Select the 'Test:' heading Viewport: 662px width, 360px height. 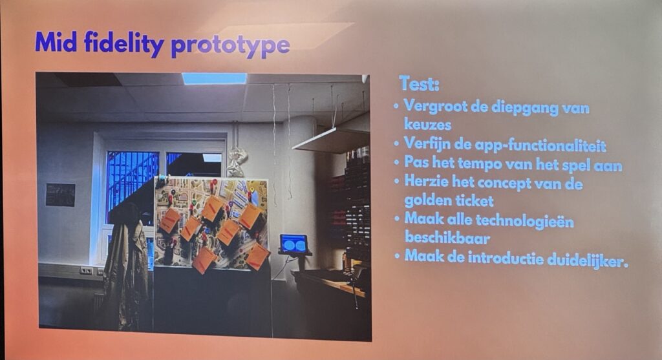coord(419,83)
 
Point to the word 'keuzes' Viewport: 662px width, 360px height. coord(427,125)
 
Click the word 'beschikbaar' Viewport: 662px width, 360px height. coord(447,238)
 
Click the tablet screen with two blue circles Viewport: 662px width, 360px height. coord(294,244)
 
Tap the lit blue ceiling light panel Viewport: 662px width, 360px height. coord(215,78)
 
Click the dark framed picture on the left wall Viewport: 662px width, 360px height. coord(60,195)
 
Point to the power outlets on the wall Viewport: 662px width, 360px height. coord(86,271)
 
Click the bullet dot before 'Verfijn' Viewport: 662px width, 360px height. coord(396,144)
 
